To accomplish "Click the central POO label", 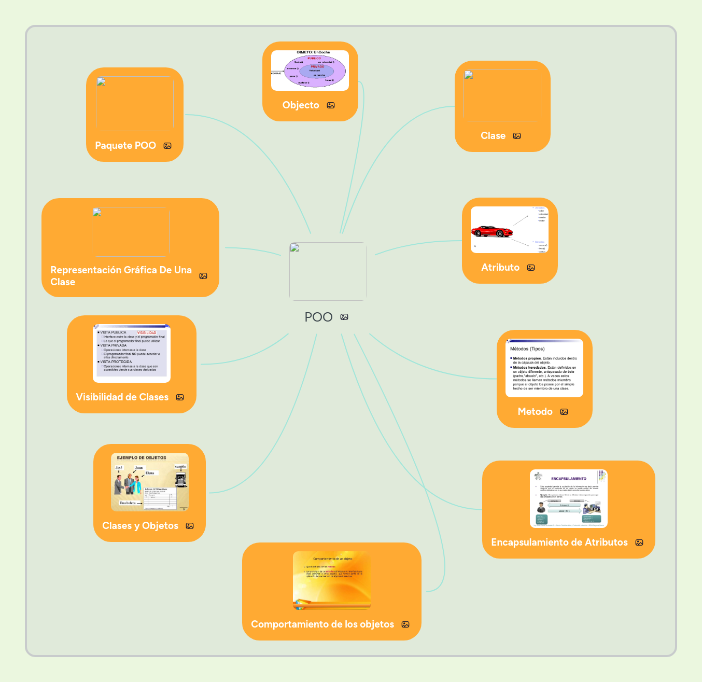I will pos(318,317).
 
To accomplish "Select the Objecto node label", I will pos(301,105).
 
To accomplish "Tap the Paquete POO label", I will pos(125,146).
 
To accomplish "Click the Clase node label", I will pos(493,136).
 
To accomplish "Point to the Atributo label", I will pos(500,268).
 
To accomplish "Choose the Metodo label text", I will pos(535,412).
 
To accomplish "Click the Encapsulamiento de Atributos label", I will pos(559,542).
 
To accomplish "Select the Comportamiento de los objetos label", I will pos(322,624).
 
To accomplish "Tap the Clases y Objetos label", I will pos(140,526).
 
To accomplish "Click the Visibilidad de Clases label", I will pos(122,397).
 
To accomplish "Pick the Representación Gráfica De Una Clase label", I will pos(121,276).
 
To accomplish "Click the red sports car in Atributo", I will pos(492,231).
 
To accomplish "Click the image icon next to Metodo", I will pos(564,412).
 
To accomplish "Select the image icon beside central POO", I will pos(344,317).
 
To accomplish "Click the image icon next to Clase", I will pos(517,136).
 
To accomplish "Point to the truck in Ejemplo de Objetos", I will pos(180,479).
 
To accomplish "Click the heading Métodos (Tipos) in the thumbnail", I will pos(527,349).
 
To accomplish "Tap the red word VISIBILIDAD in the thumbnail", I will pos(146,333).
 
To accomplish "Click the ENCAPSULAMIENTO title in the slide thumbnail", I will pos(568,479).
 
